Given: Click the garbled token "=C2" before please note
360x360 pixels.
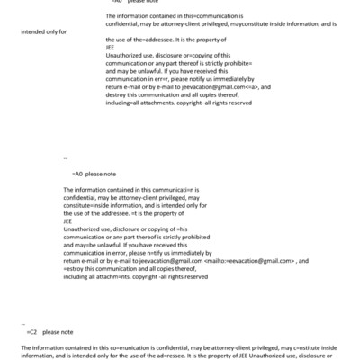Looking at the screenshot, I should coord(31,331).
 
